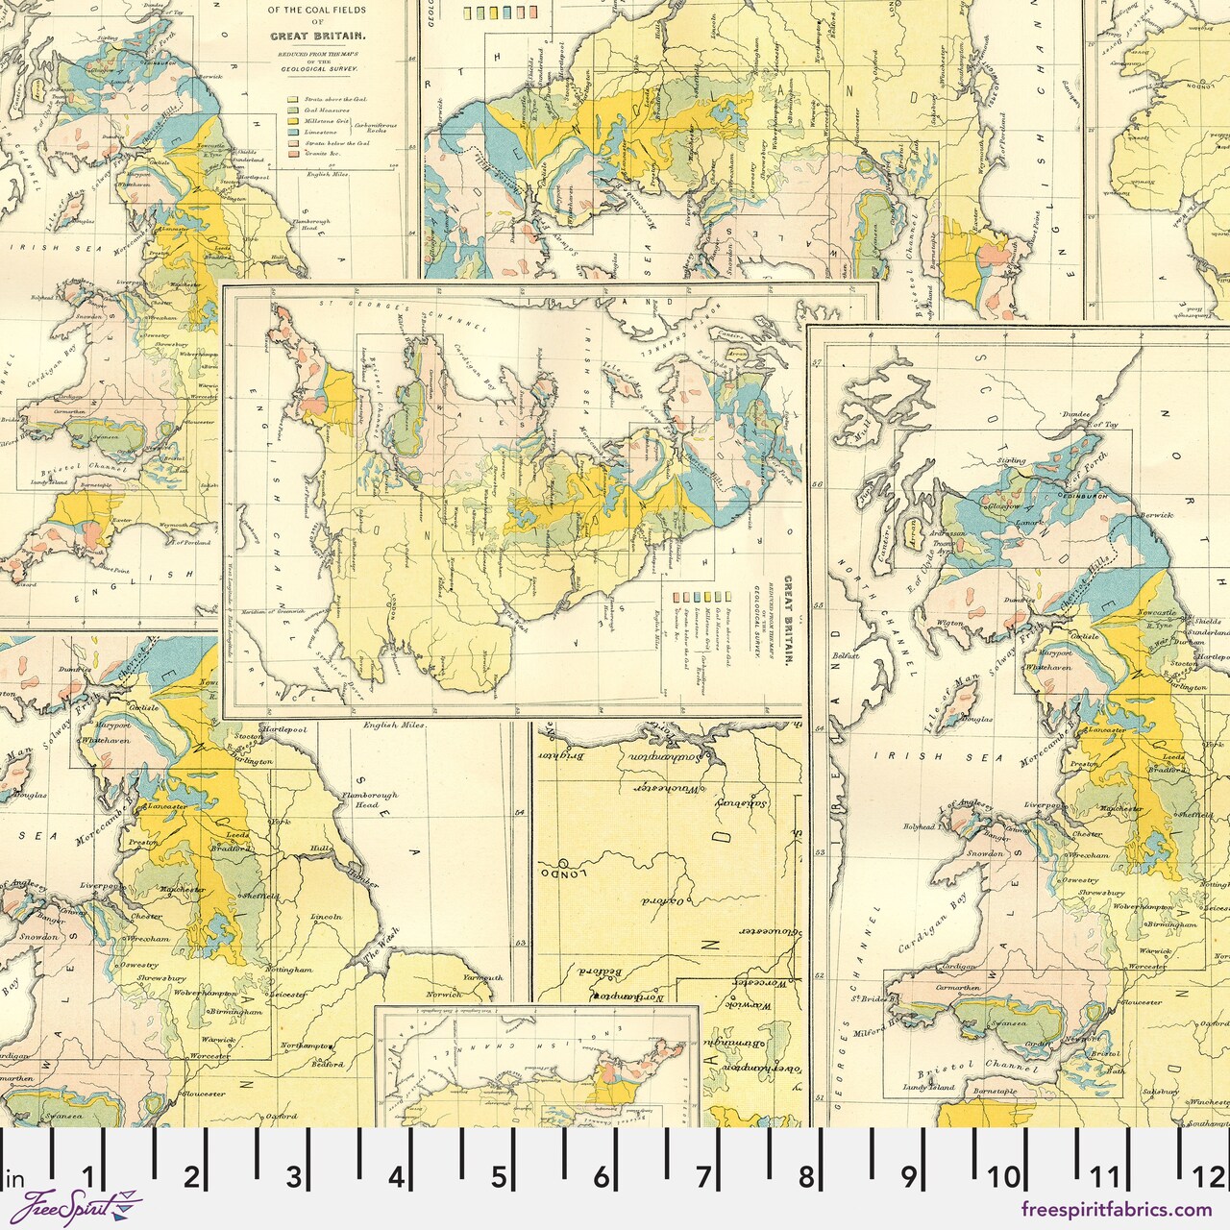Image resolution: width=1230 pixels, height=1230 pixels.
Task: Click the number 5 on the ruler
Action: point(498,1176)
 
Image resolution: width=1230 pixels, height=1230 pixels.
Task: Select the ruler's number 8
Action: point(805,1176)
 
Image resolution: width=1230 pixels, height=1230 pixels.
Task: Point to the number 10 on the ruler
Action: point(1004,1176)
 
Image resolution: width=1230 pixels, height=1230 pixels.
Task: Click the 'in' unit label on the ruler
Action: point(15,1178)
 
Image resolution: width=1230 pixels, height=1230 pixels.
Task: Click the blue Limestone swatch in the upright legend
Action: point(292,135)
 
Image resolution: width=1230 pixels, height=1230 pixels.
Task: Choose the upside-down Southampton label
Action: point(663,758)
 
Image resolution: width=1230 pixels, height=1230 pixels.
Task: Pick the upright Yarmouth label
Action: point(481,976)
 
